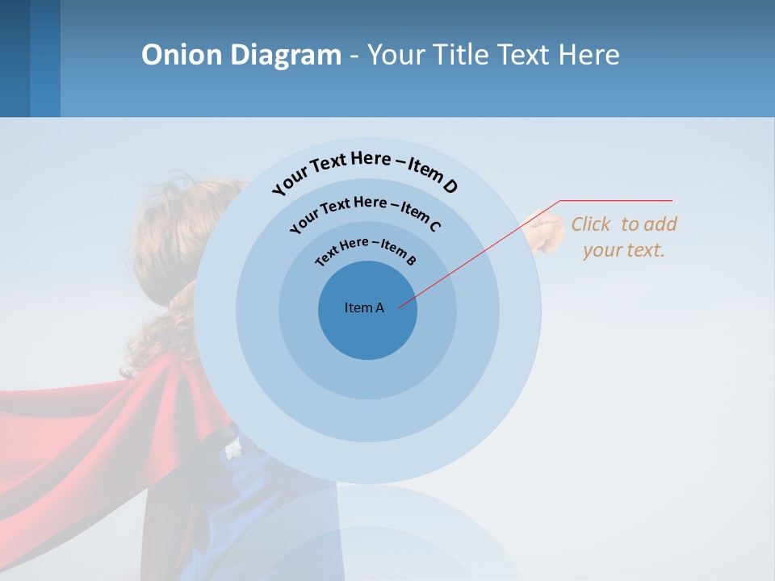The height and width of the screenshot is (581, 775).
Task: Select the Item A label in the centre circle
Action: click(x=364, y=307)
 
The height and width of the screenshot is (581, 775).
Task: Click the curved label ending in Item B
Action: click(x=366, y=249)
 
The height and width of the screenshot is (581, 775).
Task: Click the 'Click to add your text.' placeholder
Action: click(x=624, y=236)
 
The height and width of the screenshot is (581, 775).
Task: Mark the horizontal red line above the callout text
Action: click(x=616, y=200)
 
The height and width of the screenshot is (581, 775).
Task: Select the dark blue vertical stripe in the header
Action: click(x=15, y=58)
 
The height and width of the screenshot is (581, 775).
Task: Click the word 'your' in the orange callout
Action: click(x=601, y=250)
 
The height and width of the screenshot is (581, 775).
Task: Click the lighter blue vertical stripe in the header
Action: click(x=45, y=58)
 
